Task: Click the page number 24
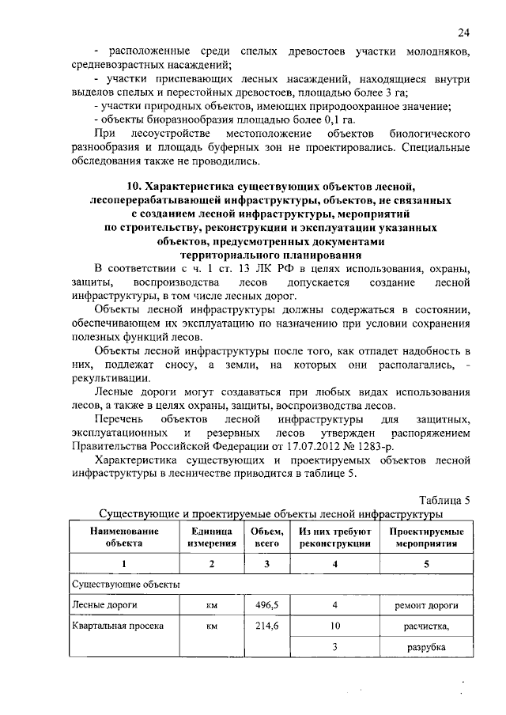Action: (464, 32)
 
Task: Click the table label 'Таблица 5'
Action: (444, 499)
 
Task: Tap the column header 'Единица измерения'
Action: (211, 537)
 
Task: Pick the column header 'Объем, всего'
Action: (267, 537)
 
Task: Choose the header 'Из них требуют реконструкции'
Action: (335, 537)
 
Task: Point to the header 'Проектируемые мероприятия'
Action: (426, 537)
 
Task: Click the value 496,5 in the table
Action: (267, 604)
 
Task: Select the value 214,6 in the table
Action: (267, 626)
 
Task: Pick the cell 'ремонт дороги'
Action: (426, 605)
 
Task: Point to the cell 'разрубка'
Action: (427, 647)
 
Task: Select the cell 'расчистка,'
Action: (427, 626)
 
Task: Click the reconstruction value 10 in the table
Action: (335, 626)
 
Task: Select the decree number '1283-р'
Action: (395, 447)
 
